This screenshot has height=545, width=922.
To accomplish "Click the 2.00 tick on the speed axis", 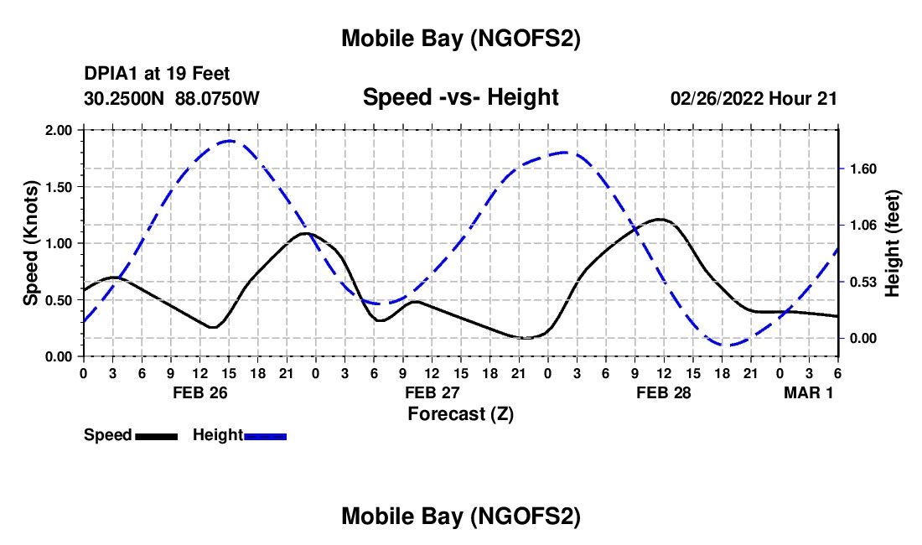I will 60,130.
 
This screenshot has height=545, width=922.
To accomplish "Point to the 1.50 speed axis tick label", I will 60,187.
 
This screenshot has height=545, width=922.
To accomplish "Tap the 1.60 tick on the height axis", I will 863,169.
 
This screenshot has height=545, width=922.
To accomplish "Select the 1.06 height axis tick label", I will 863,225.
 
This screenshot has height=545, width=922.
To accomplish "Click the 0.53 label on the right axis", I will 863,282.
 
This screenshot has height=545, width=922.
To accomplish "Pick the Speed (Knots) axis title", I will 31,243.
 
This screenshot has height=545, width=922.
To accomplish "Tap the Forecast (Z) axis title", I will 460,413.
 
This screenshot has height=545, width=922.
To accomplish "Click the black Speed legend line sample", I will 155,436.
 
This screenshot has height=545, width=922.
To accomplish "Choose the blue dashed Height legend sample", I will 265,436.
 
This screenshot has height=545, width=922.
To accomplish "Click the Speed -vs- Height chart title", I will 460,97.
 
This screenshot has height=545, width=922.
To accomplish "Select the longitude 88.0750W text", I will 218,98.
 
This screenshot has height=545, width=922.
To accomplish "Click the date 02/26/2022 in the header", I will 717,98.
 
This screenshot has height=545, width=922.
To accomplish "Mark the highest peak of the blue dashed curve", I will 230,141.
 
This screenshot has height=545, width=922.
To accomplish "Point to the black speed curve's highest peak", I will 660,219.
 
